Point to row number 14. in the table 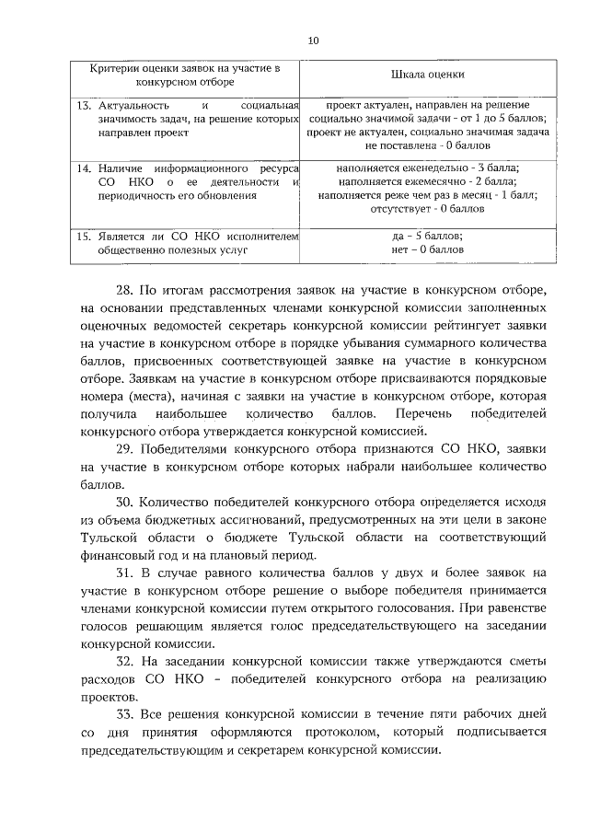click(x=82, y=169)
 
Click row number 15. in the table click(x=82, y=237)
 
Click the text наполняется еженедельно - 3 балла click(x=427, y=169)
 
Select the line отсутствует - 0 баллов click(x=427, y=208)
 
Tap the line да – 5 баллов click(x=427, y=237)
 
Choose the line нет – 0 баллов click(x=427, y=249)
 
